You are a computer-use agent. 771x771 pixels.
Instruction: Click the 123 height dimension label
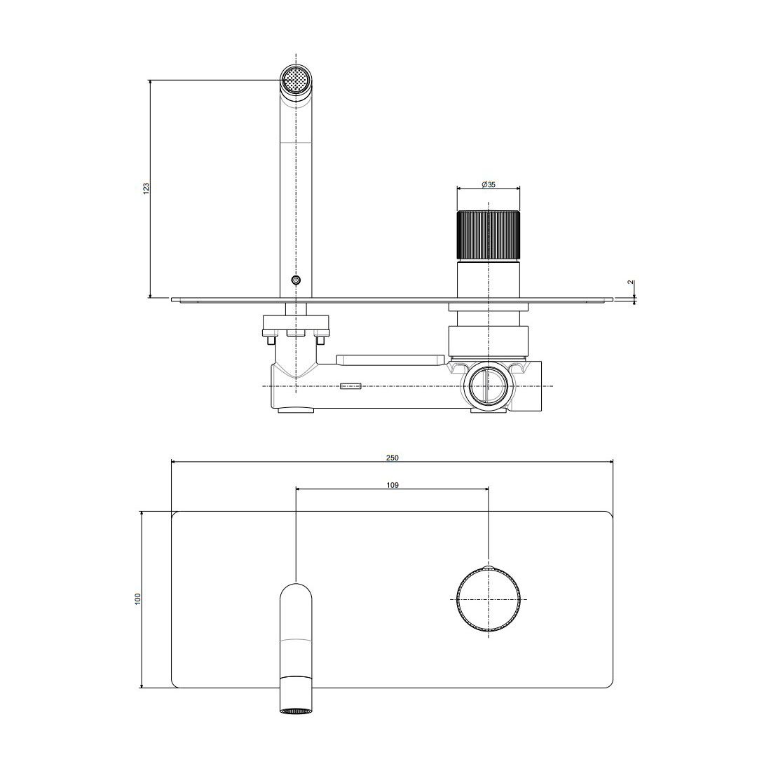[146, 188]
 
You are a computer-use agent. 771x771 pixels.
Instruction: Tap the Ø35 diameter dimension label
[489, 184]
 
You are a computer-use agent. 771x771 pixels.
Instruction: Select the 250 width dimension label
[392, 458]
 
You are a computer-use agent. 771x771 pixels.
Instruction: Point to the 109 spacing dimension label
[392, 485]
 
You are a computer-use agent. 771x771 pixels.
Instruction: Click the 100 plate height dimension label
[137, 599]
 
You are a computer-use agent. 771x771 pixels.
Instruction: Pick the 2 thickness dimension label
[630, 282]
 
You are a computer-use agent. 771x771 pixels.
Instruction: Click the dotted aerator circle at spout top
[296, 79]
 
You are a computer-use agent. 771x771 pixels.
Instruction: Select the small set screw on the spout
[296, 281]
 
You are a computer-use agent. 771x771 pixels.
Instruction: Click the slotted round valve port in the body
[489, 386]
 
